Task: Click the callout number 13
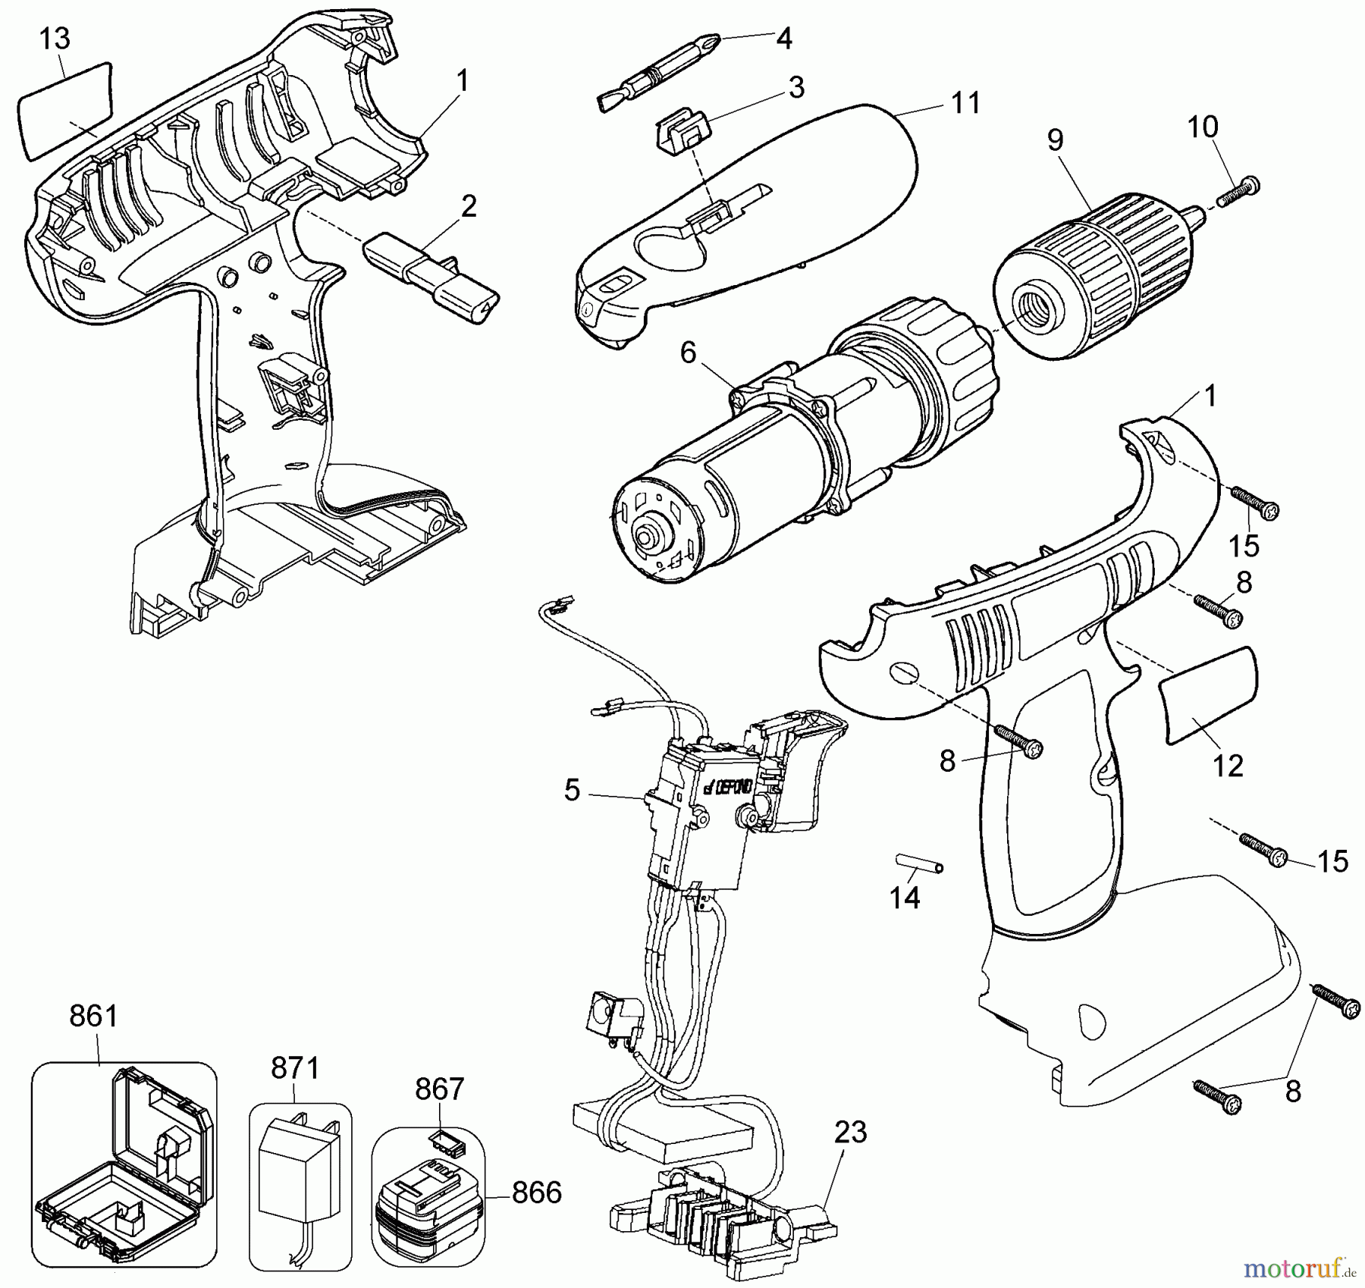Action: tap(54, 39)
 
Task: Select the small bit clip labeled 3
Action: tap(680, 129)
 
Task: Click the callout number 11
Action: tap(965, 102)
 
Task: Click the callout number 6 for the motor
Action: tap(688, 353)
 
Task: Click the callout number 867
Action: tap(439, 1089)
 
